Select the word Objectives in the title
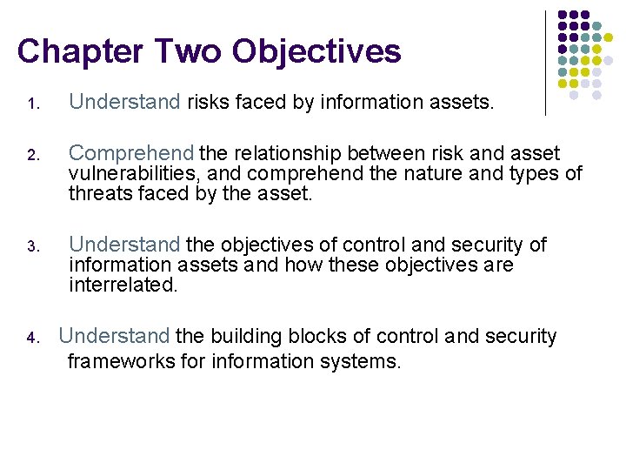pos(316,51)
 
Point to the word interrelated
pos(123,285)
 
